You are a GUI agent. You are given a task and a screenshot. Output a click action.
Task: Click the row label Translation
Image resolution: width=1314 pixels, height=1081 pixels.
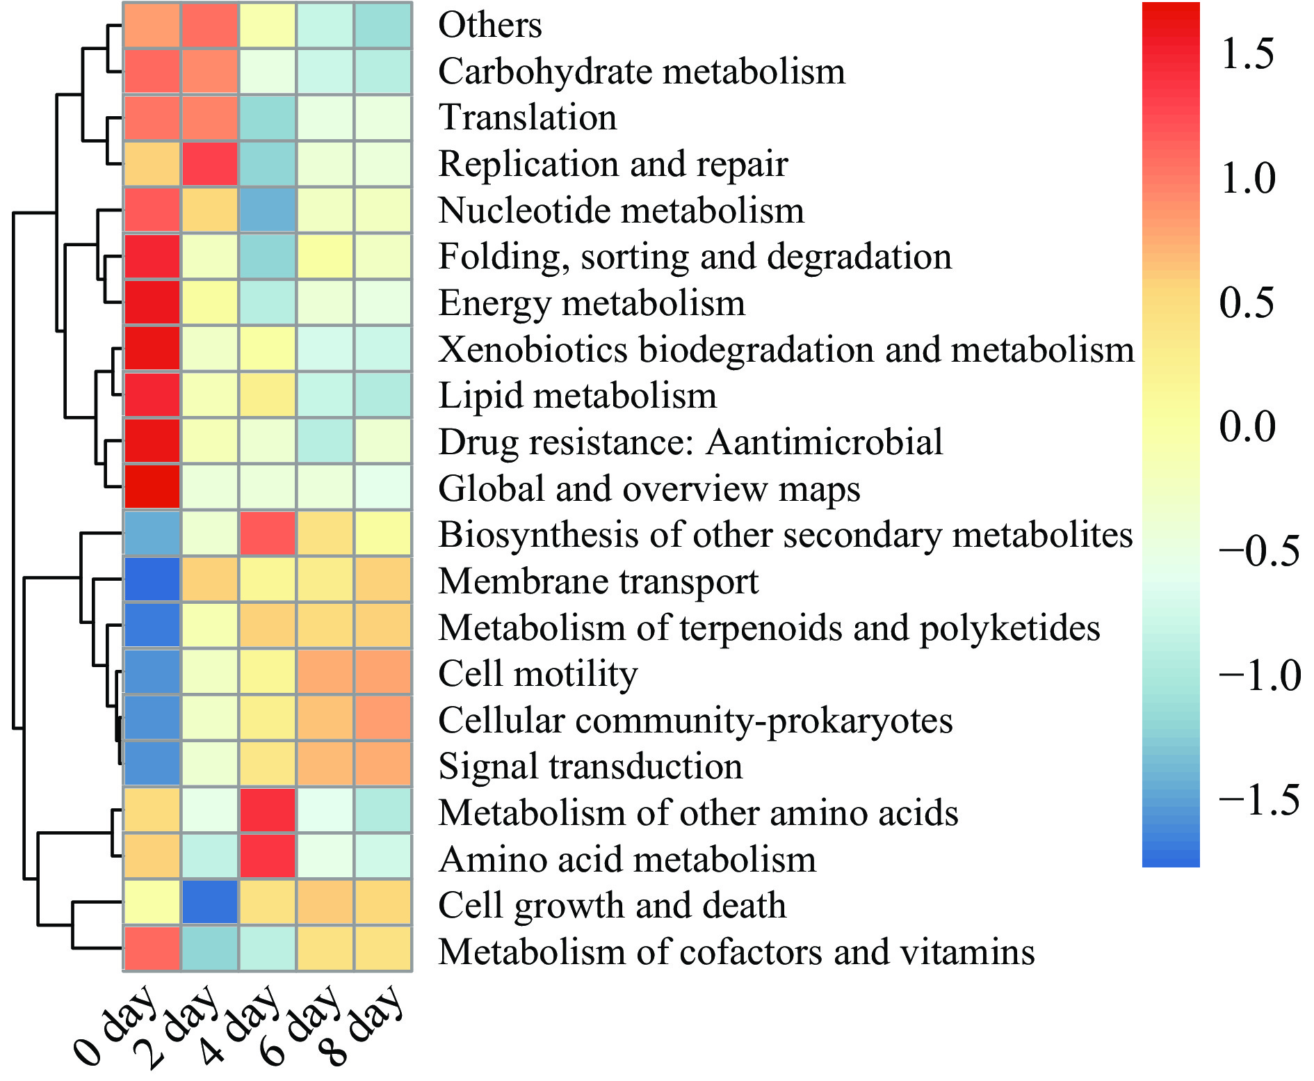[528, 117]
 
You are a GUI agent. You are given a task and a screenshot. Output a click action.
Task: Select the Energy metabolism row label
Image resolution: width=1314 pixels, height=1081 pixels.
[592, 303]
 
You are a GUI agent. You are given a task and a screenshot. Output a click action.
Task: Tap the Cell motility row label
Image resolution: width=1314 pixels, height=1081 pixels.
[538, 673]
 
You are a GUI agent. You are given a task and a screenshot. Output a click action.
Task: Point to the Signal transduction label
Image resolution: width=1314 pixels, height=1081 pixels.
[590, 766]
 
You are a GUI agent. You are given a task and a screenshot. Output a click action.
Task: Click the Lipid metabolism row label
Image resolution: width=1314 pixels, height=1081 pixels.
[577, 395]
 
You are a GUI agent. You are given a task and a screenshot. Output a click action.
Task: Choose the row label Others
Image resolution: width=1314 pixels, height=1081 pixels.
[489, 24]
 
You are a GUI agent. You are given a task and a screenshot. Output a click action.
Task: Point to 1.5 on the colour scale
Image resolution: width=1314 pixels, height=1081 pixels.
[1247, 54]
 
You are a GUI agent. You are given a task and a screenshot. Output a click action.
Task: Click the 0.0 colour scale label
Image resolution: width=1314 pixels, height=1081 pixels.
[1247, 426]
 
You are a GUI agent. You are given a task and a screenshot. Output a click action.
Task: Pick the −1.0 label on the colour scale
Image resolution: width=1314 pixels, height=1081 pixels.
[1259, 675]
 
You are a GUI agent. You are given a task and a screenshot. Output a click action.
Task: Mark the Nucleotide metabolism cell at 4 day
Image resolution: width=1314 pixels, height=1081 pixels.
[267, 210]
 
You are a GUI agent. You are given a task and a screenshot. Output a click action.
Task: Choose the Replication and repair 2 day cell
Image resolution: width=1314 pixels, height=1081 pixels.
[210, 164]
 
